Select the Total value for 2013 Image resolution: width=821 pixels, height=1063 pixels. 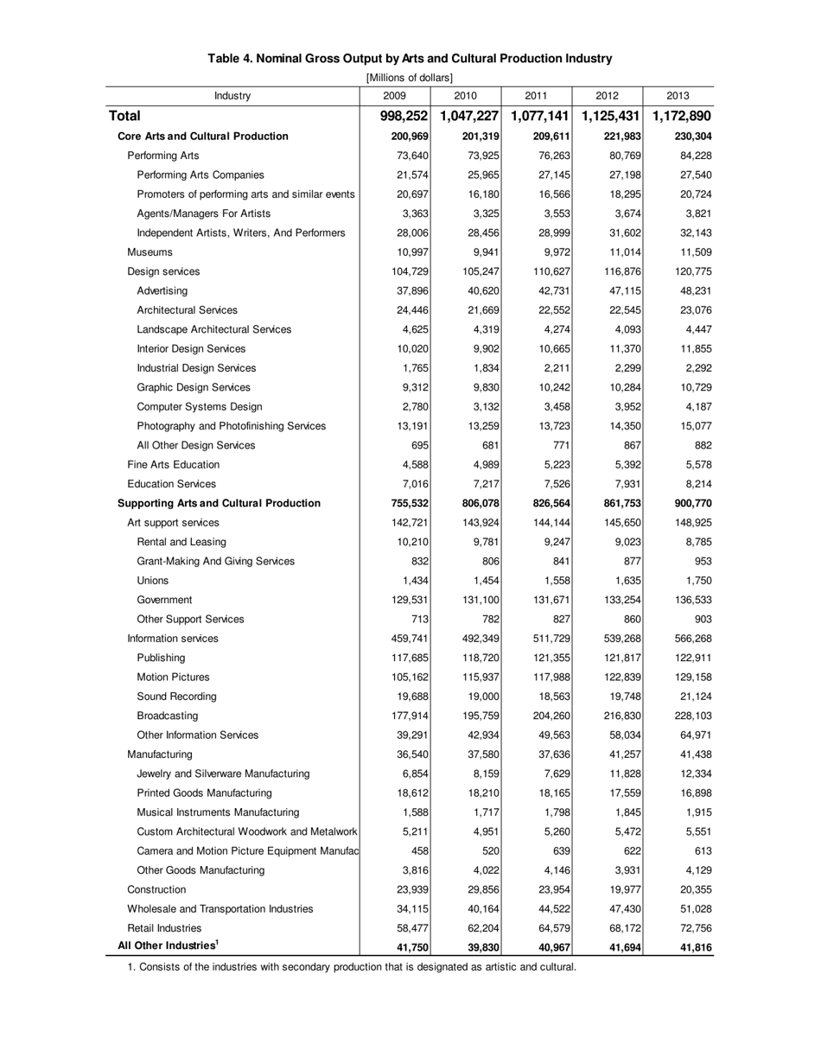point(682,116)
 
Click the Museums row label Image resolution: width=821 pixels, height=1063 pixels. point(150,252)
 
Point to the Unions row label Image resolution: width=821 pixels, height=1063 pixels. point(153,581)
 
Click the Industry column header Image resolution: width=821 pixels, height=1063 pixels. point(232,96)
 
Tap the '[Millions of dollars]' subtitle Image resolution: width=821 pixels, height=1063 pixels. point(410,78)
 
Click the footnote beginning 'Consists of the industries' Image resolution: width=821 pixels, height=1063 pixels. point(352,967)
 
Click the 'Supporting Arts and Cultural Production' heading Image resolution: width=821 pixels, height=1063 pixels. point(219,503)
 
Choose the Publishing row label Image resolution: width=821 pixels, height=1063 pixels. point(161,658)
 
